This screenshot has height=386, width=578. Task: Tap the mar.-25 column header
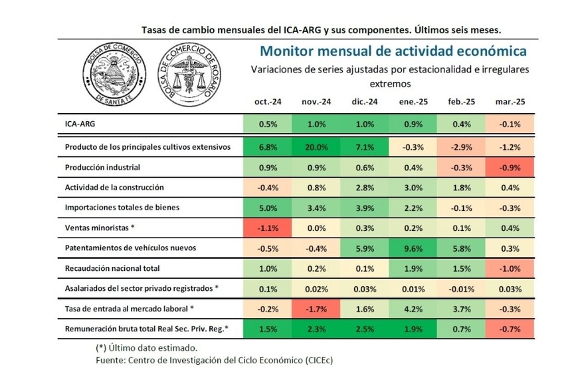[x=510, y=102]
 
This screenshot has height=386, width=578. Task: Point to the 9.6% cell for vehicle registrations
[x=413, y=248]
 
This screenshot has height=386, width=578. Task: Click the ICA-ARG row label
[x=80, y=124]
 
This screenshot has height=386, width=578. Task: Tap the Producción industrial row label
[x=102, y=167]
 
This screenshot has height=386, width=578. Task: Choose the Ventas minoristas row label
[x=100, y=228]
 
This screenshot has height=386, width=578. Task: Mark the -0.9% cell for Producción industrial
[x=510, y=167]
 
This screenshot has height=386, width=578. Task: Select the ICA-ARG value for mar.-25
[x=510, y=124]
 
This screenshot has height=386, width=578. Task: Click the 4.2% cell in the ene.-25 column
[x=413, y=309]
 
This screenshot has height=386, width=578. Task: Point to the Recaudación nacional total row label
[x=113, y=268]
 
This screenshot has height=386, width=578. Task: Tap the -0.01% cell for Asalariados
[x=461, y=288]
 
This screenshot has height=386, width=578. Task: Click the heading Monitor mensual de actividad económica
[x=393, y=51]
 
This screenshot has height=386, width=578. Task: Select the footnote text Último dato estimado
[x=146, y=348]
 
